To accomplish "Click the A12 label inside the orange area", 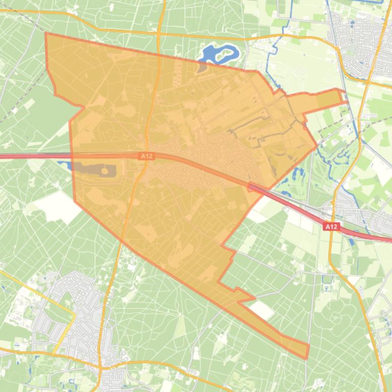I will [x=146, y=156].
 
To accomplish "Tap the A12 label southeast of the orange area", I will [x=331, y=227].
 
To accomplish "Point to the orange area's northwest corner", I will [x=46, y=34].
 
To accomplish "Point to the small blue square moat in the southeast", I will [x=327, y=279].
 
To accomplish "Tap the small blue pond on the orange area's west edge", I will [x=64, y=164].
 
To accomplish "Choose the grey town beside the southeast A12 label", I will [x=357, y=214].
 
